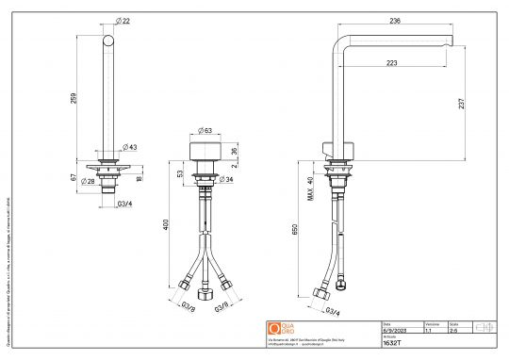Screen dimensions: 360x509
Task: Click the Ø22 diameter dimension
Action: click(x=123, y=22)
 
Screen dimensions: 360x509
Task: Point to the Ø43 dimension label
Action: click(x=131, y=147)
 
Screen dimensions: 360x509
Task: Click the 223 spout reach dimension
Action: click(x=391, y=64)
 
